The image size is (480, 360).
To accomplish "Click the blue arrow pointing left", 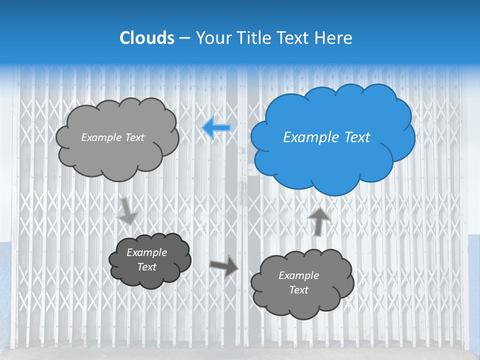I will [x=216, y=128].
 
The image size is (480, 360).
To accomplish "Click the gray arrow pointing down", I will [x=127, y=210].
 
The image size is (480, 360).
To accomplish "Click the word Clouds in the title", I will [x=146, y=38].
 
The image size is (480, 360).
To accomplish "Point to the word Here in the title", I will [x=335, y=38].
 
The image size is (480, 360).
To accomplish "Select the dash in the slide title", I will [x=184, y=38].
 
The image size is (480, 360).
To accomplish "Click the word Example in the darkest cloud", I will [x=146, y=252].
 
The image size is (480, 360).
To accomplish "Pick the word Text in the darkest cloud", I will [x=146, y=267].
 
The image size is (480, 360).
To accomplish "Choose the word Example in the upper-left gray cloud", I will [x=101, y=137].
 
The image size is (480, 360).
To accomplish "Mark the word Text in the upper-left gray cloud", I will [x=133, y=137].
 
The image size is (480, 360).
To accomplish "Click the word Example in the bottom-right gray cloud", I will [x=298, y=275].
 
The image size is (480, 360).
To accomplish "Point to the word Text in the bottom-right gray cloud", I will [x=298, y=290].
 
